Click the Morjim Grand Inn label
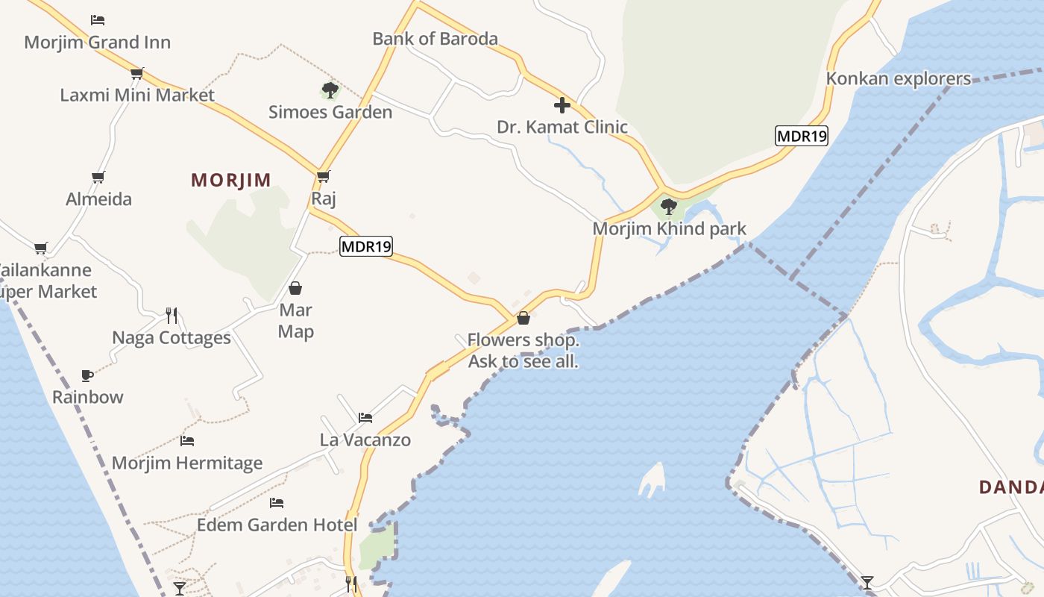[97, 43]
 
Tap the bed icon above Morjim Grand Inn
[98, 19]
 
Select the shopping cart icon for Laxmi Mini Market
[136, 73]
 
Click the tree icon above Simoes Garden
[330, 91]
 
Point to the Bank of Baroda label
[435, 39]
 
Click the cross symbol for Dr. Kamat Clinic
[562, 105]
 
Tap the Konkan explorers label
[898, 78]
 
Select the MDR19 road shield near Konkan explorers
[802, 136]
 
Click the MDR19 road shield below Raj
[366, 246]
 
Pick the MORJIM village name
[231, 180]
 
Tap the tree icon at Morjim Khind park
[669, 206]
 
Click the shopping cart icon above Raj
[323, 177]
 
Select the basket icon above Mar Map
[295, 288]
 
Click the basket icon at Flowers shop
[523, 318]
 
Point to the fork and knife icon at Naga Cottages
[172, 316]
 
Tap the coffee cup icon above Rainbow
[87, 375]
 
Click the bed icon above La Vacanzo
[365, 418]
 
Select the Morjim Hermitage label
[186, 463]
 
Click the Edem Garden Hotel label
[277, 525]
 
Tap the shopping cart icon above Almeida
[98, 178]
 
